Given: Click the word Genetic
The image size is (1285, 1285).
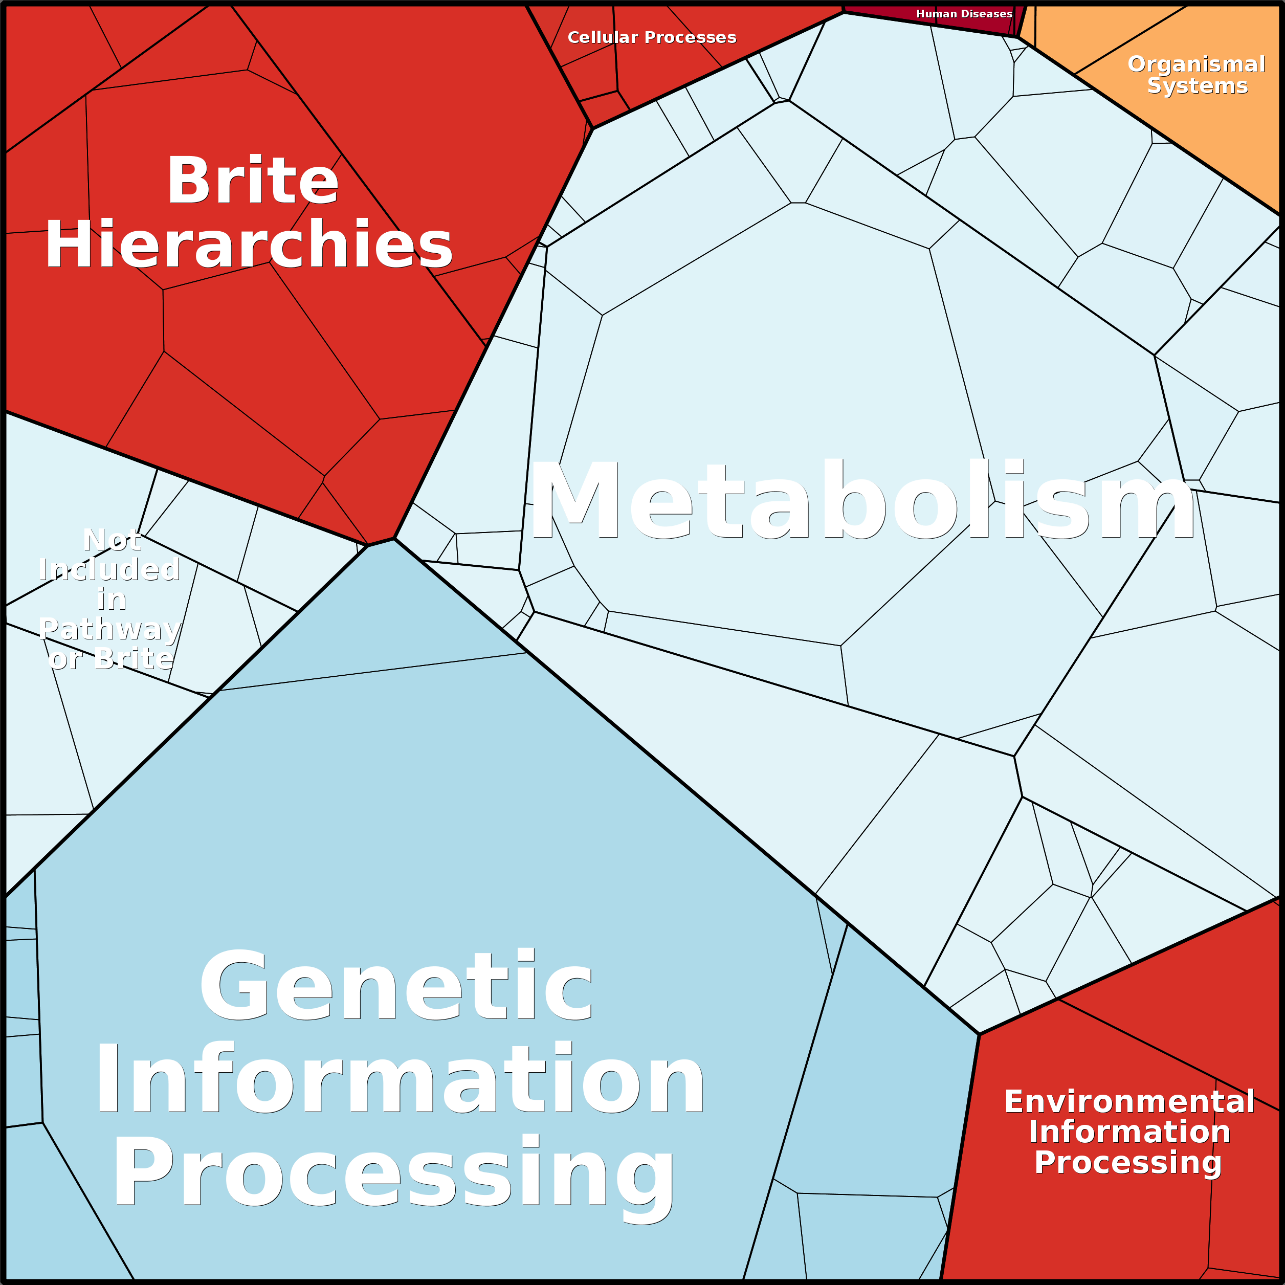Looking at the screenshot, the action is (396, 985).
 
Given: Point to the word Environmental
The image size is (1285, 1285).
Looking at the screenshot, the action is (1129, 1101).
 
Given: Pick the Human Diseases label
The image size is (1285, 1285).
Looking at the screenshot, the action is (964, 14).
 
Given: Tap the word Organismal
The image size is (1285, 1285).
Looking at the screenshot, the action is (1196, 64).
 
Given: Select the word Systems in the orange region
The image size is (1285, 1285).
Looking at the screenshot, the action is (1197, 86).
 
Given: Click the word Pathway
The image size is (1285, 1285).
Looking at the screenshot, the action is (110, 629).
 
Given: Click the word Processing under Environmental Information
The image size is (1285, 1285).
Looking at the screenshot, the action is (1128, 1163).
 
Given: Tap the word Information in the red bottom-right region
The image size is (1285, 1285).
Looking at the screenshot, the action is (1129, 1132).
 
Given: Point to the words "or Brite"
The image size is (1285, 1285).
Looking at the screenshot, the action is (111, 658).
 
